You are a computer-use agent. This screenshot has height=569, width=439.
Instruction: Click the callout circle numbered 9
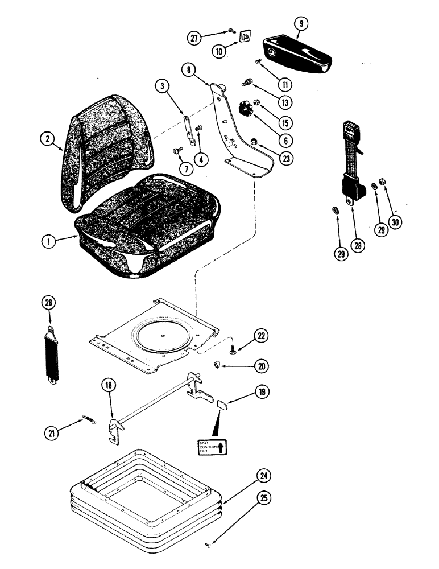click(300, 24)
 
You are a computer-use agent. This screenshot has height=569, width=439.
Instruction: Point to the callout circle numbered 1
click(49, 241)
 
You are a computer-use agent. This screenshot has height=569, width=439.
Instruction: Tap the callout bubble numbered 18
click(109, 385)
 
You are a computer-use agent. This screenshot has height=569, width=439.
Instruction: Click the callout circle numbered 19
click(263, 392)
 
